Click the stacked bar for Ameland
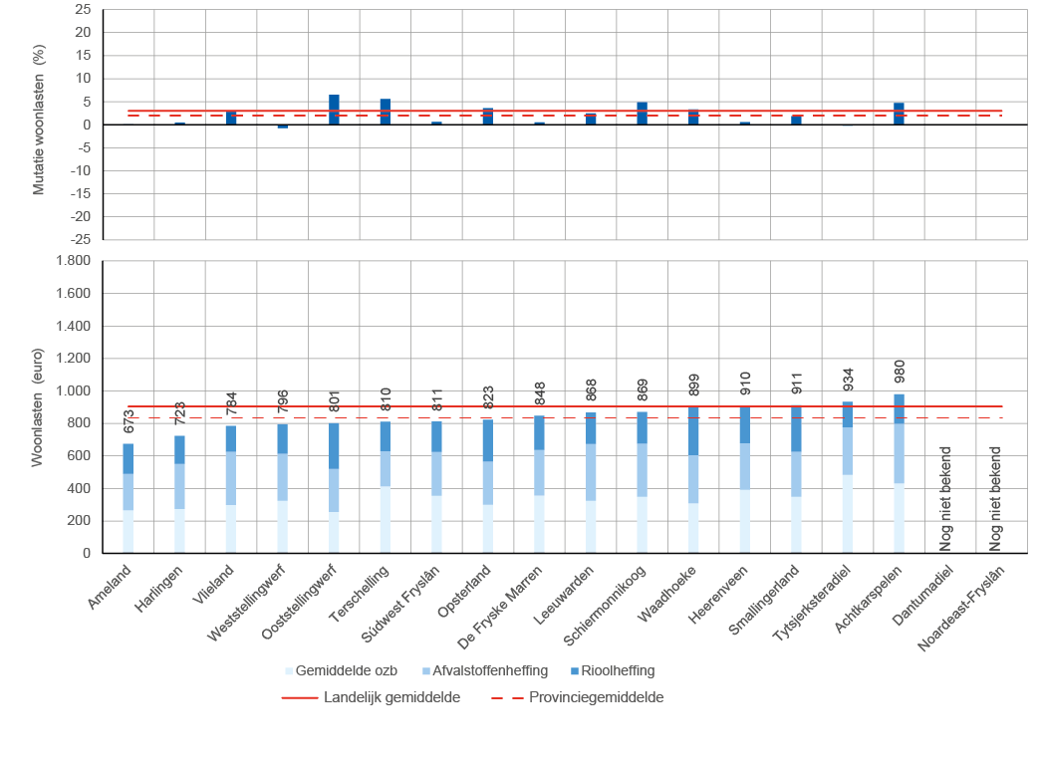click(128, 498)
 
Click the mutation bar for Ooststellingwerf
click(334, 110)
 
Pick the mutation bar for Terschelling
click(386, 112)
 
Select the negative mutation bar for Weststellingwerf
click(282, 127)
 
